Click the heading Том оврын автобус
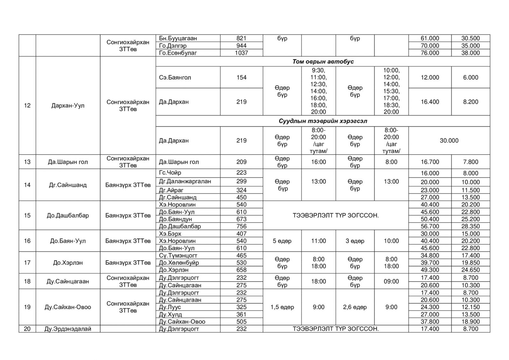tap(323, 61)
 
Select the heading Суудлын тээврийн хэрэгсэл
tap(323, 121)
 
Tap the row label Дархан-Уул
tap(68, 105)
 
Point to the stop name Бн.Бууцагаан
tap(178, 38)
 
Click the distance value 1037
tap(241, 53)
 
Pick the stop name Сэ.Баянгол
tap(175, 77)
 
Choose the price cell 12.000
tap(430, 77)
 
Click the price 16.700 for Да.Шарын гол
tap(430, 162)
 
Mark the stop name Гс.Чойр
tap(170, 173)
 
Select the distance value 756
tap(241, 226)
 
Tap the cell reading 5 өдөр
tap(282, 241)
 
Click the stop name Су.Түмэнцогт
tap(178, 255)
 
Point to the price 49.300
tap(430, 270)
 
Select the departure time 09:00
tap(391, 281)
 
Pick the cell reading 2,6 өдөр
tap(355, 307)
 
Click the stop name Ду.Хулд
tap(170, 314)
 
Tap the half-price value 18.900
tap(471, 321)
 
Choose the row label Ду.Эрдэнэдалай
tap(68, 329)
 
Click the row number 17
tap(27, 263)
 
